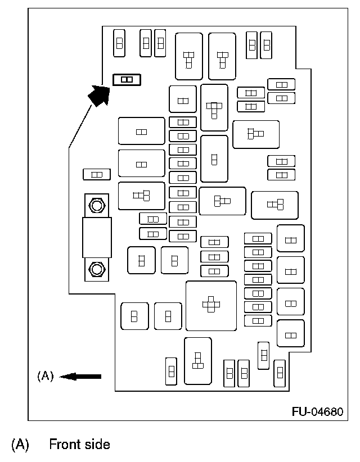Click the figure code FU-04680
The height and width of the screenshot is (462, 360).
[x=317, y=411]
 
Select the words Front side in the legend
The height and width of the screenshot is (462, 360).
[x=79, y=445]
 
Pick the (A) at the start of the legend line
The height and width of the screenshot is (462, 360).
[x=20, y=445]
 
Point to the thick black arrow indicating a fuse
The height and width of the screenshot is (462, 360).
[x=99, y=94]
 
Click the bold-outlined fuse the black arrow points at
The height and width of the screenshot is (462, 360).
[x=127, y=79]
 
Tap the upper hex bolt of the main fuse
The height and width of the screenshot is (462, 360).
[x=96, y=205]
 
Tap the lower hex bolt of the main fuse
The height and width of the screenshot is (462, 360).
[x=96, y=269]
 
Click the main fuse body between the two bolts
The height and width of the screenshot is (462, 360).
[x=96, y=237]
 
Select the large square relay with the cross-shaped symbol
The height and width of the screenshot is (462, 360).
[x=211, y=305]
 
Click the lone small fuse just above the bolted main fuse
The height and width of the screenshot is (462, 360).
[x=96, y=174]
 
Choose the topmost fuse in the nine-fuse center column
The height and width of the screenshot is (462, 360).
[x=183, y=122]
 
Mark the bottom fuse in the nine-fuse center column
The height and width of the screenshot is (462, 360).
[x=183, y=236]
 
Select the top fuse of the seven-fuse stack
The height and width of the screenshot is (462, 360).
[x=258, y=238]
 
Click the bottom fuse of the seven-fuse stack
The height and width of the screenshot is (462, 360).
[x=258, y=320]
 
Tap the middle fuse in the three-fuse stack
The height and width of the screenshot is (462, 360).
[x=214, y=256]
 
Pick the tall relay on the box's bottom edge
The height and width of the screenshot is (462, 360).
[x=197, y=360]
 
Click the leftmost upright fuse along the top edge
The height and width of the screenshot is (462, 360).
[x=119, y=43]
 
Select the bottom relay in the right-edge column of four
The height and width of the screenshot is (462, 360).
[x=291, y=334]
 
